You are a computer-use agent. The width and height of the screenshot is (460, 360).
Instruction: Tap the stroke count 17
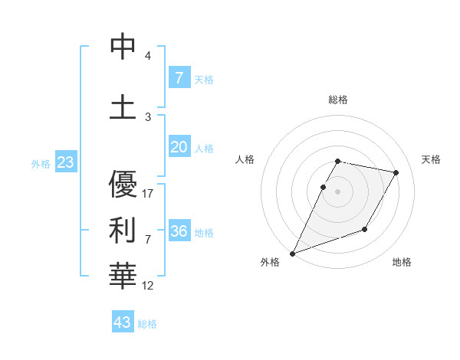pos(149,194)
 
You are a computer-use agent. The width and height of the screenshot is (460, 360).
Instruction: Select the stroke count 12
pos(149,286)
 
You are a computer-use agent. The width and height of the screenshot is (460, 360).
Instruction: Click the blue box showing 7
pos(179,77)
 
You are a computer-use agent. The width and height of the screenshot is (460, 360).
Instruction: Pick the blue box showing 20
pos(179,147)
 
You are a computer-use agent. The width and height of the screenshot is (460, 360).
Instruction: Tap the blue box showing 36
pos(179,231)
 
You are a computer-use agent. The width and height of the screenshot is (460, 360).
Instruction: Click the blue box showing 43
pos(123,322)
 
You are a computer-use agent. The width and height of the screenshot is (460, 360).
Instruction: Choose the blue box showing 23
pos(65,162)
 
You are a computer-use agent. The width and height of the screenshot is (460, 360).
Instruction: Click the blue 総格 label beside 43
pos(148,324)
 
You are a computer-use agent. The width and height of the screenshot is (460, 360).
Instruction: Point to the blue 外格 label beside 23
pos(41,164)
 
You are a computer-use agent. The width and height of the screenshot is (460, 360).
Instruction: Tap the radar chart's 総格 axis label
pos(338,100)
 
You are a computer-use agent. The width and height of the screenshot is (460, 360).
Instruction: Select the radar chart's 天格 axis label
pos(432,159)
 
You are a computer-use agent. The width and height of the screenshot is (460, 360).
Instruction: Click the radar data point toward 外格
pos(292,253)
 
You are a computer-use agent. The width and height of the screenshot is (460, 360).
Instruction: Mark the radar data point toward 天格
pos(396,173)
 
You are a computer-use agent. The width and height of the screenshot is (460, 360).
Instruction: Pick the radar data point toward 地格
pos(365,229)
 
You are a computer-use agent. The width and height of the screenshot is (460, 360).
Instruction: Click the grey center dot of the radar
pos(338,192)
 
